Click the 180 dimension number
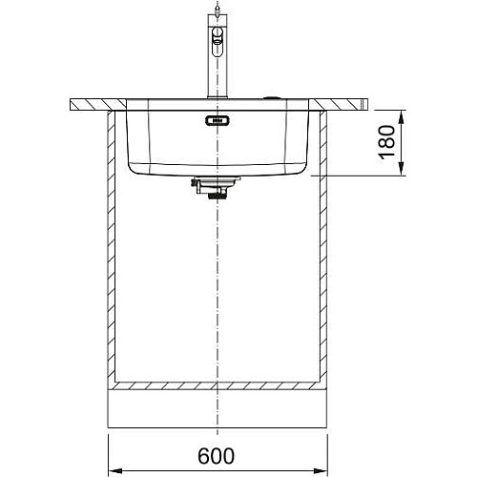click(x=386, y=142)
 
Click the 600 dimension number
click(x=216, y=456)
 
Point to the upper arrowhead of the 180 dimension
click(x=402, y=116)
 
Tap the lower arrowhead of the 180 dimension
click(x=402, y=169)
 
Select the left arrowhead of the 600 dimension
click(x=115, y=470)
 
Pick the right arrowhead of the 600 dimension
click(x=321, y=470)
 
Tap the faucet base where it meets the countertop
click(x=218, y=96)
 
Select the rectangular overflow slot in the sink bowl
click(x=218, y=120)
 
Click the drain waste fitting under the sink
click(x=214, y=187)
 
